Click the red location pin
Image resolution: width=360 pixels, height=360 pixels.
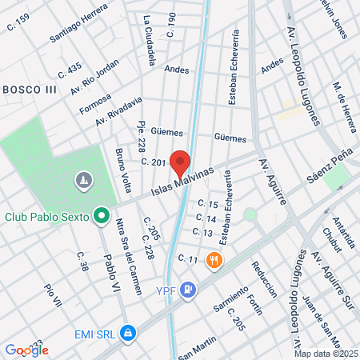tap(181, 162)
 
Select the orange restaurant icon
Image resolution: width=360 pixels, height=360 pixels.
tap(214, 259)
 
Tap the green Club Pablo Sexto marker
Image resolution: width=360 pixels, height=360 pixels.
tap(101, 215)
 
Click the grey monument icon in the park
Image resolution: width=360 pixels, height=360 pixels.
tap(82, 182)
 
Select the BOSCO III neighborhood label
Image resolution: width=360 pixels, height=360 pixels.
tap(29, 88)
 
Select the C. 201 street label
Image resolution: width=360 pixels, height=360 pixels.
tap(153, 162)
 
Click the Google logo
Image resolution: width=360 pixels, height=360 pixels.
tap(26, 350)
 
